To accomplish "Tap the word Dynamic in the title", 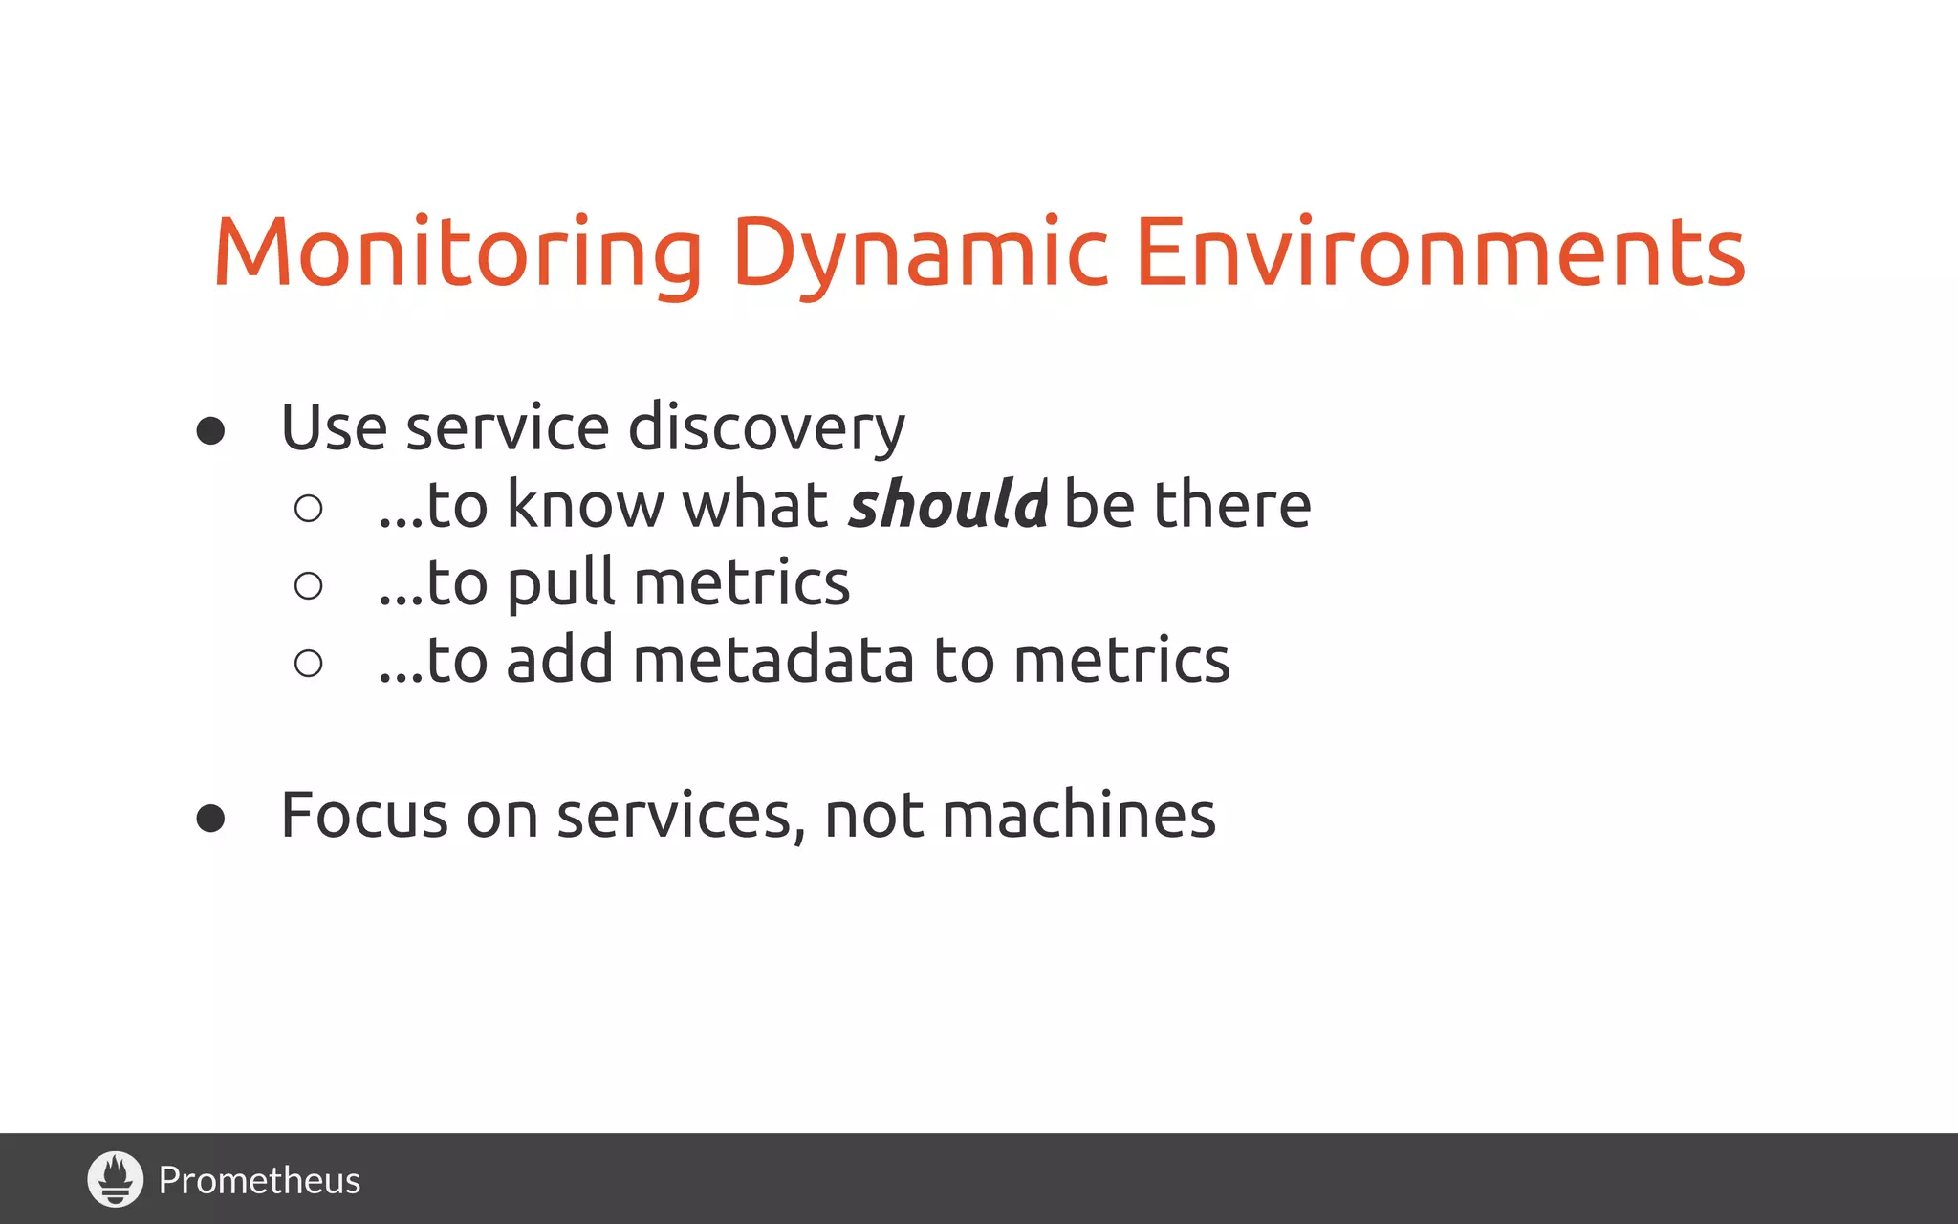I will click(920, 252).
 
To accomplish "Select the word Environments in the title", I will click(1440, 252).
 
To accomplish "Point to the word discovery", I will click(766, 427).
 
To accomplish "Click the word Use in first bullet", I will click(334, 427).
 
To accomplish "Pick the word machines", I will click(1078, 816).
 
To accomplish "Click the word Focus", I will click(363, 816).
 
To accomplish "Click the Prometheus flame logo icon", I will click(116, 1179).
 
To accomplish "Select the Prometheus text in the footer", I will click(259, 1180).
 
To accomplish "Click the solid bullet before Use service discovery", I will click(210, 430).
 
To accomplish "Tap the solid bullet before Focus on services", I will click(210, 819).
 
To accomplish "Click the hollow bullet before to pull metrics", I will click(308, 585).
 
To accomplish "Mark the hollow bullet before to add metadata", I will click(308, 663).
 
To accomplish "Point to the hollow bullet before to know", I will click(308, 508).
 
